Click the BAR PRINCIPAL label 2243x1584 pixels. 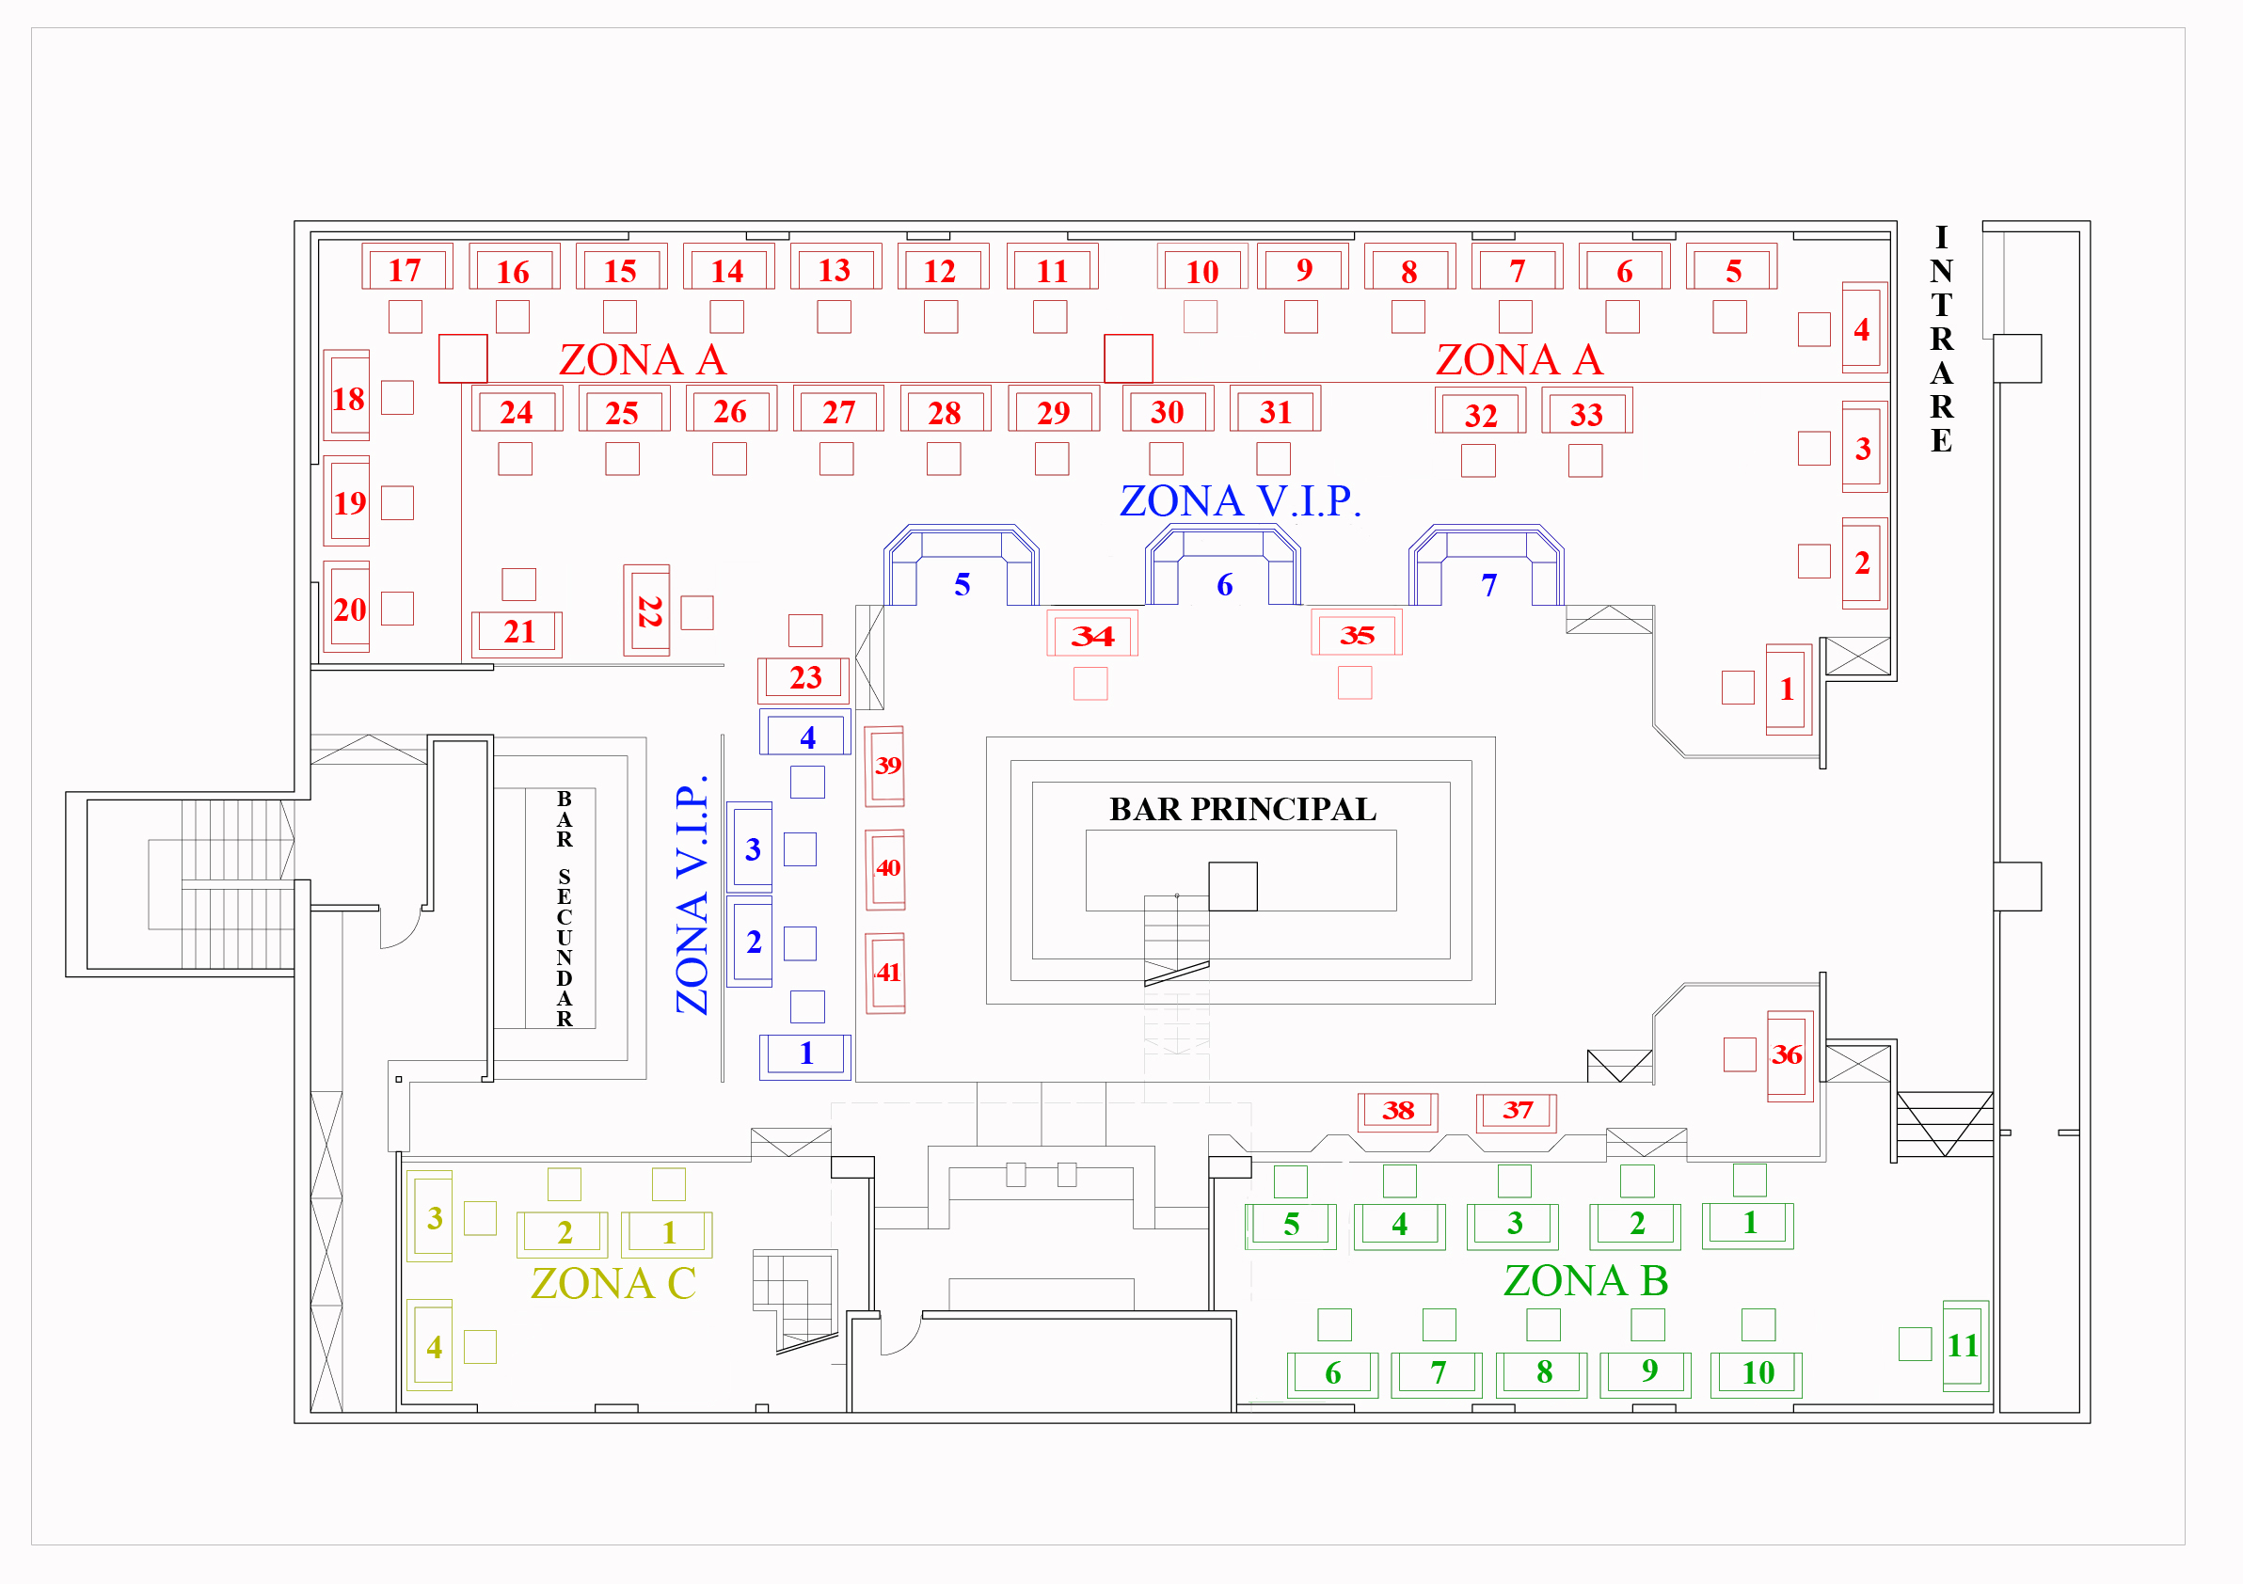click(x=1242, y=810)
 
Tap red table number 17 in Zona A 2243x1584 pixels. click(x=406, y=269)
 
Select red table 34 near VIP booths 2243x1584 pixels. click(x=1092, y=635)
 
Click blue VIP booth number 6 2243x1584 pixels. click(x=1224, y=584)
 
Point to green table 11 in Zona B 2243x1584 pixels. click(x=1964, y=1345)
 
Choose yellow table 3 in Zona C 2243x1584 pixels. click(x=432, y=1217)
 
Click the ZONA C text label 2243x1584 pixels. click(x=612, y=1283)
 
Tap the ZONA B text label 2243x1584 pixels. click(x=1584, y=1280)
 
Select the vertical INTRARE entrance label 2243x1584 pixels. click(x=1941, y=339)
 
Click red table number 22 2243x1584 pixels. click(x=647, y=611)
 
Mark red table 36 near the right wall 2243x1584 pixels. click(x=1788, y=1054)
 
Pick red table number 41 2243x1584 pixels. click(x=886, y=973)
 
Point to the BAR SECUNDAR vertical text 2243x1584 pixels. click(x=564, y=909)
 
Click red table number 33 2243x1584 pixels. click(x=1586, y=413)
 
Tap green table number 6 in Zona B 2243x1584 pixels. click(x=1332, y=1373)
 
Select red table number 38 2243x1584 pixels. click(x=1398, y=1110)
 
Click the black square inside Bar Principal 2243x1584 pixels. click(x=1233, y=886)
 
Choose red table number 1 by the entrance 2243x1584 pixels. click(x=1787, y=689)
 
